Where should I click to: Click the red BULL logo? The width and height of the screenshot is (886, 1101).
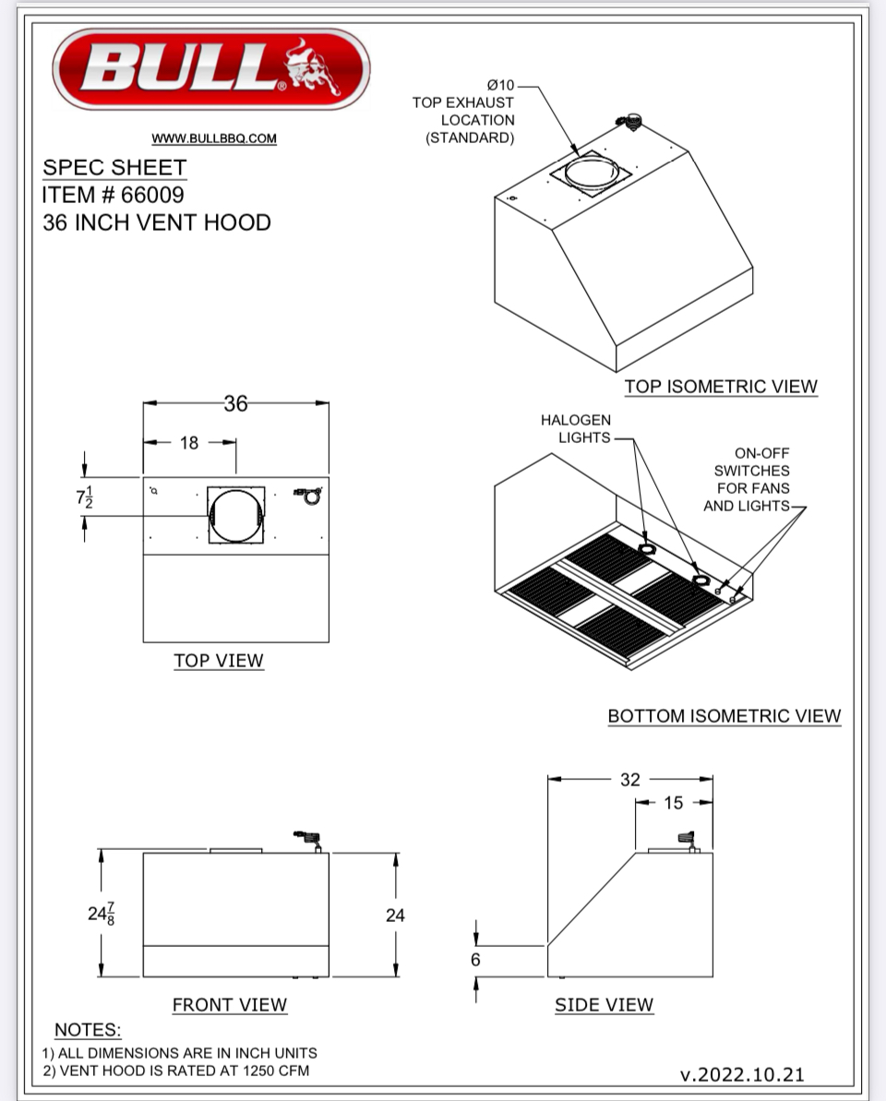(211, 68)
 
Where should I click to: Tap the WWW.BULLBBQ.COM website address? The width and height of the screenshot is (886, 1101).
(214, 138)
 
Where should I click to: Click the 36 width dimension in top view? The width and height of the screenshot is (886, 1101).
(235, 403)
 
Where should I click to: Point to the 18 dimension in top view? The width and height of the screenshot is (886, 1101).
(189, 443)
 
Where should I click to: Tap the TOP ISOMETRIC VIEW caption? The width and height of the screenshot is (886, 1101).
(721, 387)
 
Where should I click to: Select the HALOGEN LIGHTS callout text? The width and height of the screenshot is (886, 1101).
(576, 429)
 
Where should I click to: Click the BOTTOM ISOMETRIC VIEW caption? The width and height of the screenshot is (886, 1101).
(724, 716)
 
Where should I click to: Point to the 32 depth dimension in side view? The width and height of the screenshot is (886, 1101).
(629, 780)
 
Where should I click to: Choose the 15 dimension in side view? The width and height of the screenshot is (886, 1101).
(674, 803)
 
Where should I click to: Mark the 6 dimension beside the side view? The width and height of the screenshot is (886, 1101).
(475, 960)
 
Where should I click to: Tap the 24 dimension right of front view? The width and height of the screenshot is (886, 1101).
(395, 916)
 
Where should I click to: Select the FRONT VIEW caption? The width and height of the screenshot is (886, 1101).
(230, 1005)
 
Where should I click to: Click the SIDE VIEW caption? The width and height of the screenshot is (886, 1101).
(604, 1005)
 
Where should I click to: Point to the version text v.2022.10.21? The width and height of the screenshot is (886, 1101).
(742, 1074)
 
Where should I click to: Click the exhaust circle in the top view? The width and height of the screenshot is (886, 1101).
(235, 515)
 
